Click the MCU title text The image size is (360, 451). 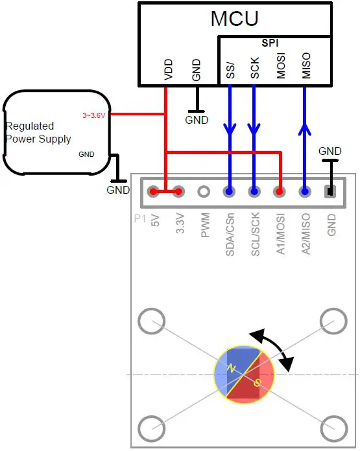click(x=235, y=19)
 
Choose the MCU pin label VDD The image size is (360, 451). click(x=168, y=68)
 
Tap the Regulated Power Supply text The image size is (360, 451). click(x=38, y=132)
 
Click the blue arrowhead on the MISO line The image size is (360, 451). click(x=304, y=130)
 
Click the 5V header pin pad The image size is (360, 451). click(x=153, y=192)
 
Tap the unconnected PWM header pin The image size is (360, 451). click(x=204, y=192)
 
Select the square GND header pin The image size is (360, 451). click(x=330, y=192)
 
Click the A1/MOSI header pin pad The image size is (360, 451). click(x=280, y=192)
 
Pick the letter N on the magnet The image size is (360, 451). click(x=231, y=369)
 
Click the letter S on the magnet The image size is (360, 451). click(x=257, y=384)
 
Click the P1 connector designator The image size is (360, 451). click(x=139, y=219)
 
